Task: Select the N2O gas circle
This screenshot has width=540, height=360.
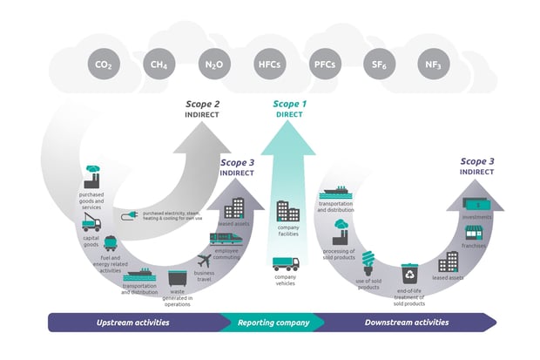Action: [x=214, y=64]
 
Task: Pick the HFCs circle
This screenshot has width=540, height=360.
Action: [x=269, y=64]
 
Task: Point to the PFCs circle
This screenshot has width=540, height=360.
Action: [x=324, y=64]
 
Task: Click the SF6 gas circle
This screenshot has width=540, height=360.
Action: [x=378, y=64]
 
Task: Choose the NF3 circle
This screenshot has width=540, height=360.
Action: [x=433, y=64]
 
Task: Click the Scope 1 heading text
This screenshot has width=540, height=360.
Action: [x=290, y=105]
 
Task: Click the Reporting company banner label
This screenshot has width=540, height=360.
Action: [x=273, y=322]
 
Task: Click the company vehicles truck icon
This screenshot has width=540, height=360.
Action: [x=285, y=264]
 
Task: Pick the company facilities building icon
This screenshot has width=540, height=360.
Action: [x=288, y=211]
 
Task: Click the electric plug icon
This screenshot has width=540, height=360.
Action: [x=129, y=214]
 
